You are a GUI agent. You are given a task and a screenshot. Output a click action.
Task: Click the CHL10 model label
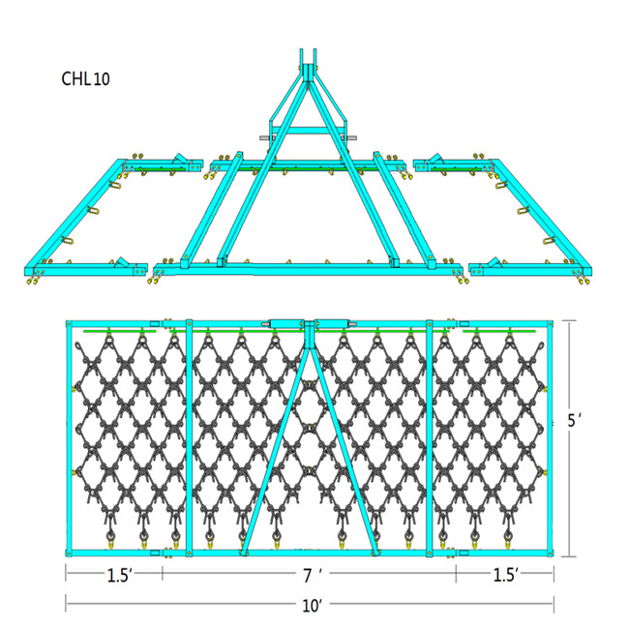(85, 79)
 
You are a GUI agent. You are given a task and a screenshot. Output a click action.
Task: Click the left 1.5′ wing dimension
(119, 576)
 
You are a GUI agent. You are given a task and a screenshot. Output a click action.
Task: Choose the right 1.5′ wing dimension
(504, 576)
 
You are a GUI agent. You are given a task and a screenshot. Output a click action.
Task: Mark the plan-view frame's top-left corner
(68, 323)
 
